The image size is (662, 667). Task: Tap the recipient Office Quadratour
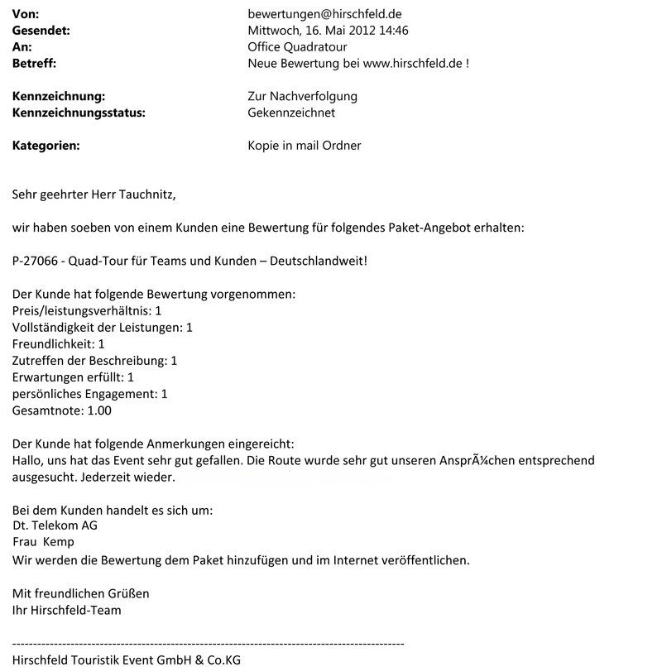tap(297, 47)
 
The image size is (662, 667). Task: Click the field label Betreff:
tap(34, 63)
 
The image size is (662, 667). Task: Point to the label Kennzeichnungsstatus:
tap(79, 113)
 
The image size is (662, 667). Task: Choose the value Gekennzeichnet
tap(291, 113)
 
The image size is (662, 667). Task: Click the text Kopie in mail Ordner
tap(305, 146)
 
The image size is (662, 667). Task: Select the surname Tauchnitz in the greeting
tap(142, 195)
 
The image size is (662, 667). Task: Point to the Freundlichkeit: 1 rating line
tap(58, 343)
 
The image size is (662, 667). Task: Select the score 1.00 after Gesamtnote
tap(98, 410)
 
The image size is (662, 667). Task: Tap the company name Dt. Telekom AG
tap(55, 525)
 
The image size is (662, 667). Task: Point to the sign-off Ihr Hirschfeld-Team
tap(66, 610)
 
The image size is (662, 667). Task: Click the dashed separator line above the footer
tap(207, 643)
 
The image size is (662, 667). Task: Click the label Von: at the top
tap(25, 14)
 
